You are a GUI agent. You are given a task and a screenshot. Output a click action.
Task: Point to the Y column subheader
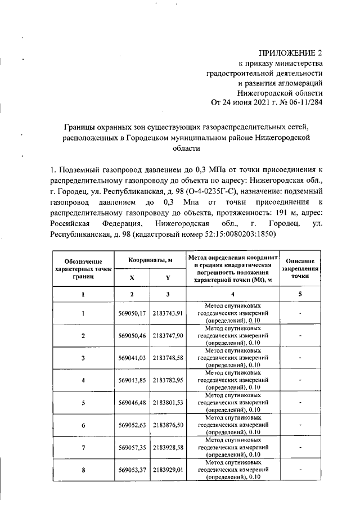click(x=168, y=278)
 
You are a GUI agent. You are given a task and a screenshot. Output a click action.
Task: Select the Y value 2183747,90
click(x=168, y=336)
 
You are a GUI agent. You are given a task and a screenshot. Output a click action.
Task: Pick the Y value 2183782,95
click(x=168, y=380)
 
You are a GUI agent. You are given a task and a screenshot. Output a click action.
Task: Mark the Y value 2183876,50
click(x=168, y=425)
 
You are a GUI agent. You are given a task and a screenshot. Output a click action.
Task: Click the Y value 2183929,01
click(x=168, y=470)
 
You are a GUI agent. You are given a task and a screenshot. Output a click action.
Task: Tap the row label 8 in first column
click(x=83, y=470)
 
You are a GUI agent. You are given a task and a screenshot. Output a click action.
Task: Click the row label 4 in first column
click(x=83, y=380)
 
